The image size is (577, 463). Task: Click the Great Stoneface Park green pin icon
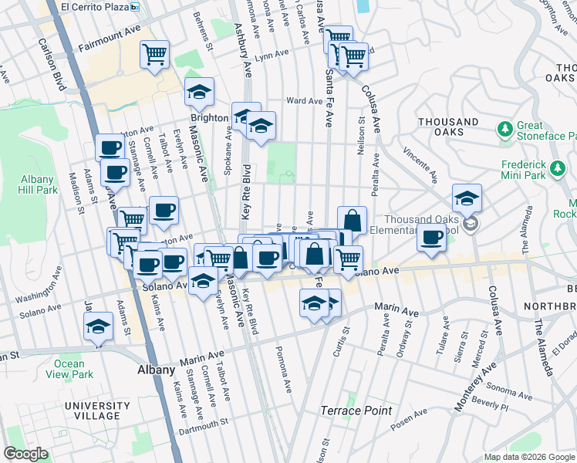pyautogui.click(x=505, y=128)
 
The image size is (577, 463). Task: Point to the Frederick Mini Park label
pyautogui.click(x=534, y=170)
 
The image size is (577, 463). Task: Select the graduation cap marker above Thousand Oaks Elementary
pyautogui.click(x=467, y=199)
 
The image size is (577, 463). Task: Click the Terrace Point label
pyautogui.click(x=356, y=411)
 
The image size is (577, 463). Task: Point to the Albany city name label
pyautogui.click(x=157, y=370)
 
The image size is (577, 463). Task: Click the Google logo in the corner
pyautogui.click(x=25, y=453)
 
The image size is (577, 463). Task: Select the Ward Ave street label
pyautogui.click(x=304, y=101)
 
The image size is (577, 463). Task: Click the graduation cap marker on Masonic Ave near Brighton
pyautogui.click(x=199, y=93)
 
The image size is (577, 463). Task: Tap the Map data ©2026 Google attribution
pyautogui.click(x=529, y=457)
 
